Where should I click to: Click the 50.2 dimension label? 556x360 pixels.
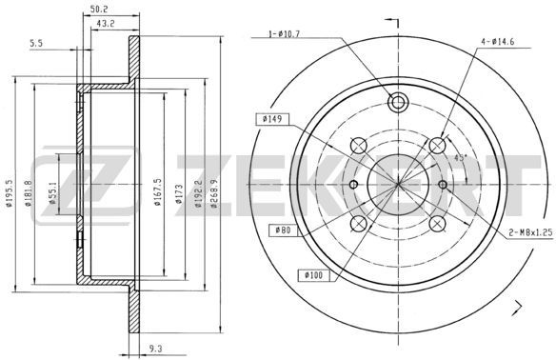(x=99, y=9)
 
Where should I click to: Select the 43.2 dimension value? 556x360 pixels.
(x=106, y=24)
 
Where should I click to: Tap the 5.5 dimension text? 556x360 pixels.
(x=36, y=43)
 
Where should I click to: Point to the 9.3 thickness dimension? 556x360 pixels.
(x=156, y=350)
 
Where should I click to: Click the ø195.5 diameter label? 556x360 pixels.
(x=10, y=193)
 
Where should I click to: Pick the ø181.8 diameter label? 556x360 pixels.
(x=29, y=193)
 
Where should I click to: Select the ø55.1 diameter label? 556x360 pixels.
(x=52, y=193)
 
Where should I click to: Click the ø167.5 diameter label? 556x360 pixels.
(x=158, y=191)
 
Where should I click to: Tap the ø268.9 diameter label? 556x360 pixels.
(x=214, y=193)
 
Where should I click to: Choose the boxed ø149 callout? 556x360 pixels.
(x=272, y=119)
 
